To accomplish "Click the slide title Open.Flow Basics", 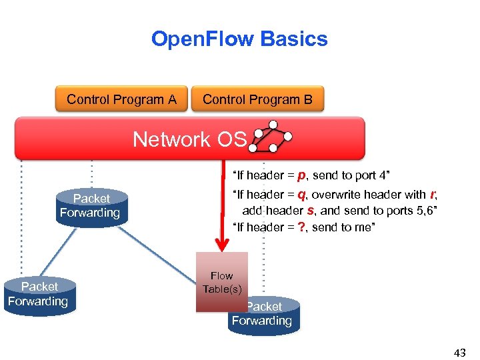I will click(239, 39).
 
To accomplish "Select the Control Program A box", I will click(121, 100).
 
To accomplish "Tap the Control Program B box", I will click(257, 100).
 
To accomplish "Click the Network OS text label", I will click(189, 139).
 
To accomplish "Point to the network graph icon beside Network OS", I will click(270, 137).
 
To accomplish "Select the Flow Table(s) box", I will click(221, 282).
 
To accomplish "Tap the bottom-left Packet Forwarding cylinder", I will click(39, 295).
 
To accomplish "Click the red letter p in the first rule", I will click(301, 175).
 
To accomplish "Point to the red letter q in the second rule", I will click(301, 195).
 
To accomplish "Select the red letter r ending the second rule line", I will click(433, 195).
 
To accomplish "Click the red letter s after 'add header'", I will click(310, 211).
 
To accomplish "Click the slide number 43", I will click(459, 353).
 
